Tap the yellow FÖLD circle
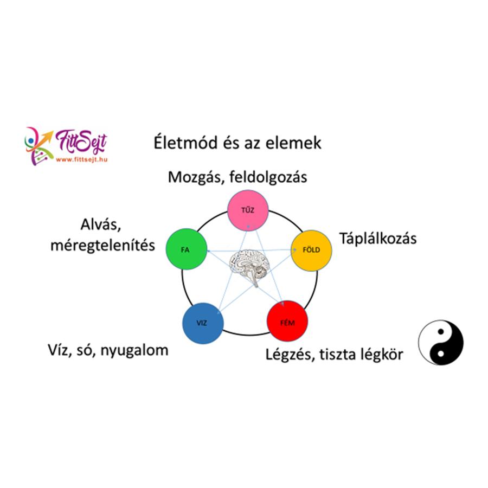[x=311, y=250]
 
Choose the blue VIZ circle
[x=202, y=324]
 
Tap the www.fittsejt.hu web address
[x=81, y=159]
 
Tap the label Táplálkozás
[x=378, y=238]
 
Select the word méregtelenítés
[x=102, y=245]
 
